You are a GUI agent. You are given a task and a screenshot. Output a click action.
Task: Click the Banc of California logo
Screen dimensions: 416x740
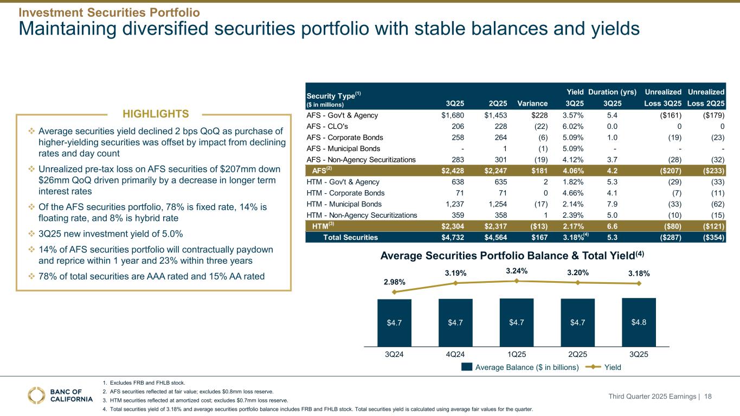pos(60,395)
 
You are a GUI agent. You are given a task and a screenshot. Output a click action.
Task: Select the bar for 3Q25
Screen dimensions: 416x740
pos(639,322)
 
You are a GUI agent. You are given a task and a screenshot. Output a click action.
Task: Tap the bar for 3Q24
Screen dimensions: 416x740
pos(394,322)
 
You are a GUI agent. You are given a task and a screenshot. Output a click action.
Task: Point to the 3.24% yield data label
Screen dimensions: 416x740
pos(517,271)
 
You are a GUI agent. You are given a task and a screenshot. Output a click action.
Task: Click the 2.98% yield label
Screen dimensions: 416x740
pos(394,282)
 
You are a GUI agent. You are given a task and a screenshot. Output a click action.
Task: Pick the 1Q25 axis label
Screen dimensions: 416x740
pos(517,354)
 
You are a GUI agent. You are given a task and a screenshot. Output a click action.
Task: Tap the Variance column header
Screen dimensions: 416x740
pos(532,103)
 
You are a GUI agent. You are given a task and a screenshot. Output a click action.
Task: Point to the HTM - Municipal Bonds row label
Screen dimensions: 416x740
pos(344,204)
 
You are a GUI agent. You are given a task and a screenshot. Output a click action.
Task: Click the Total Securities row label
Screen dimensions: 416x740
pos(350,237)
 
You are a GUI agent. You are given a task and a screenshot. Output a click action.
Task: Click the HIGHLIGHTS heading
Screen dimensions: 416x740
pos(155,114)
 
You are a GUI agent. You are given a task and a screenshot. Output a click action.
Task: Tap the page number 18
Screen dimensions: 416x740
pos(723,397)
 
